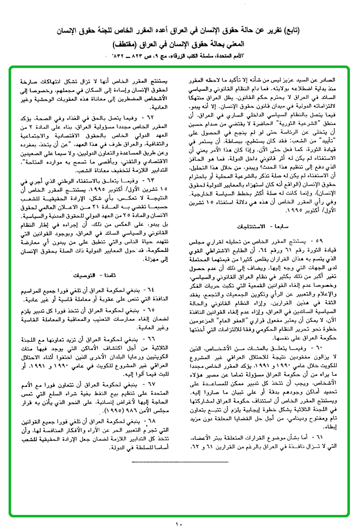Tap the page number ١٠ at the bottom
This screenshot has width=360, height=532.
click(179, 524)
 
